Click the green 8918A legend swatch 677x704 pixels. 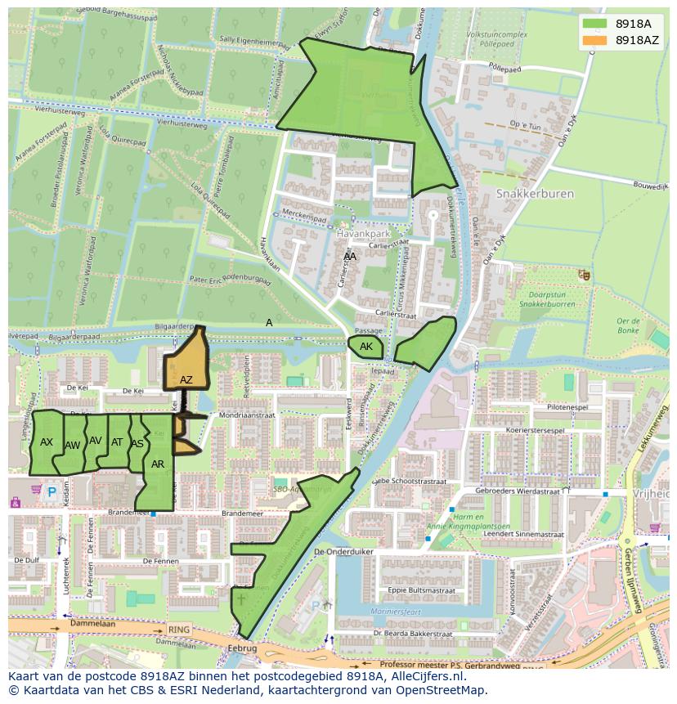point(595,24)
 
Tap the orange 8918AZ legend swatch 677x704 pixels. point(595,40)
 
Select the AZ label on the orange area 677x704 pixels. point(186,379)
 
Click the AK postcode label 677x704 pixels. point(366,347)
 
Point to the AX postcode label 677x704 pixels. point(47,442)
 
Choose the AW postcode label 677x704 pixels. point(73,446)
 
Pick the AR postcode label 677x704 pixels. point(158,464)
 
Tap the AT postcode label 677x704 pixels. point(117,442)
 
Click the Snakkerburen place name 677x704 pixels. point(535,194)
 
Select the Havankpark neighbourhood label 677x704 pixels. point(360,233)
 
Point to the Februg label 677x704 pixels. point(244,648)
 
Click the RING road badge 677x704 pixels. point(177,630)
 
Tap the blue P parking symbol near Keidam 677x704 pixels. point(52,492)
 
